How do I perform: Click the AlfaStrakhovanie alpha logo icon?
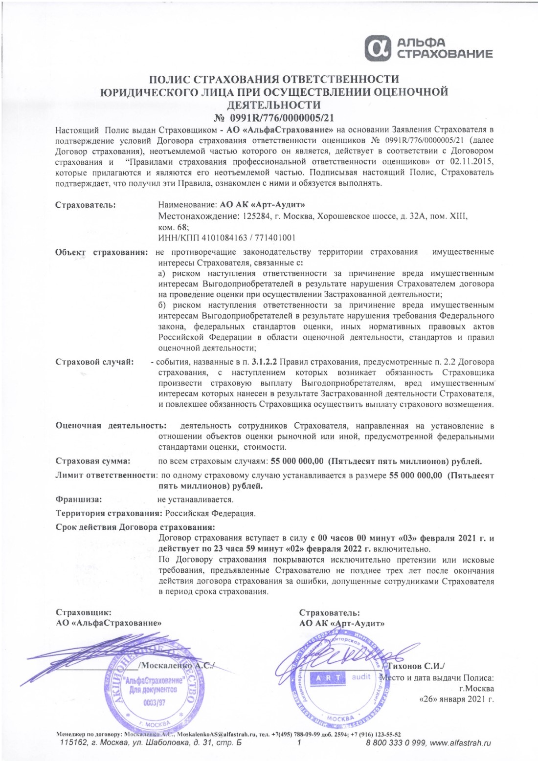[380, 48]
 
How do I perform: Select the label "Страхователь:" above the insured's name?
[86, 204]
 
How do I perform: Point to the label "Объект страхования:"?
[102, 252]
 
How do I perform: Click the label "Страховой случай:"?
[94, 362]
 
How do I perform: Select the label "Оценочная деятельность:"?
[111, 426]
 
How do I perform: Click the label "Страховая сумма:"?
[93, 461]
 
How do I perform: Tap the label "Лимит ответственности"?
[106, 475]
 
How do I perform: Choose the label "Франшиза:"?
[79, 500]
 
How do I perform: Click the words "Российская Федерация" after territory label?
[210, 514]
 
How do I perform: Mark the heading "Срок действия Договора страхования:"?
[135, 527]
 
